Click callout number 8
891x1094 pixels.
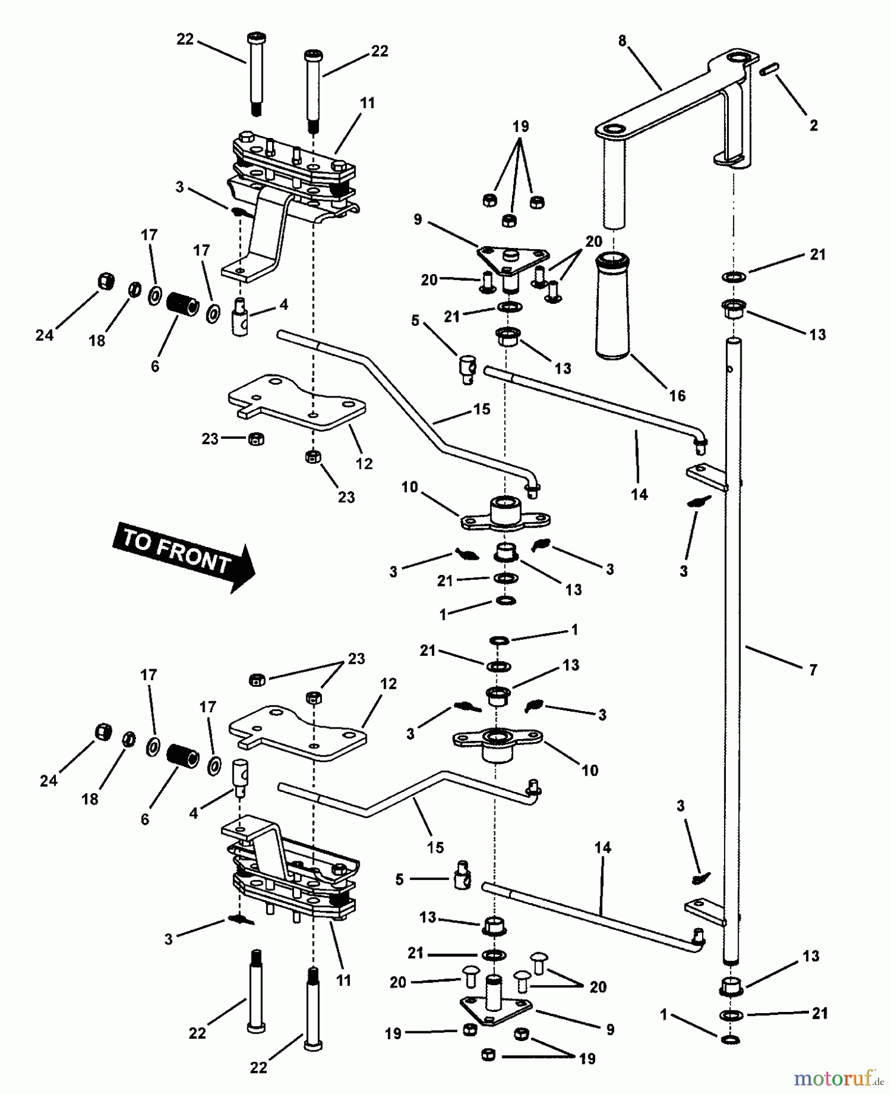point(622,41)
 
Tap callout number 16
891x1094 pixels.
point(677,396)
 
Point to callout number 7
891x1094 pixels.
point(813,670)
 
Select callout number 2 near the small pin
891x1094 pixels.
point(813,125)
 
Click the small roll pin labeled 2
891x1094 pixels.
point(769,71)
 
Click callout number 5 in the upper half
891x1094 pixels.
point(415,320)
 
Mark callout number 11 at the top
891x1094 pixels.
point(367,103)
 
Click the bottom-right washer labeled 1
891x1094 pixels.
point(731,1040)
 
